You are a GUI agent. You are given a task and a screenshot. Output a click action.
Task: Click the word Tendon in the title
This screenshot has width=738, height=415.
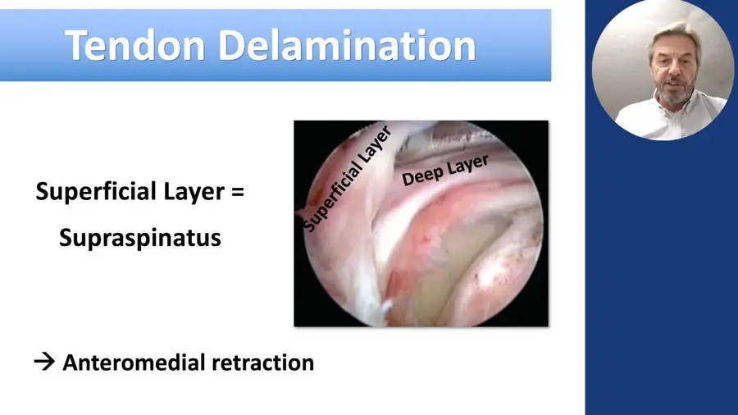point(135,46)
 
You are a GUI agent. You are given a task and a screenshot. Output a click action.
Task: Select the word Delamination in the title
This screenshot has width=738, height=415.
point(348,46)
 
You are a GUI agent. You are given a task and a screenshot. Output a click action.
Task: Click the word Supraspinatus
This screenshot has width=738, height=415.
point(139,239)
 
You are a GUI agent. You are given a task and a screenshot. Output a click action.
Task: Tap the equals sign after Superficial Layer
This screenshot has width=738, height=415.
point(238,192)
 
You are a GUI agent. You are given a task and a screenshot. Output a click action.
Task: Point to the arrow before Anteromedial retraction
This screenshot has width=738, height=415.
point(45,362)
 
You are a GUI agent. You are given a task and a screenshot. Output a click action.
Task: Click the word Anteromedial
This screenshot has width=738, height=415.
point(134,363)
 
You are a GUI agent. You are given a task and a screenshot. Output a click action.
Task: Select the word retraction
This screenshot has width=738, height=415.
point(263,363)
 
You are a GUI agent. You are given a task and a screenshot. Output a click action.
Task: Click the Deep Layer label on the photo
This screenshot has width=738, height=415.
point(444,170)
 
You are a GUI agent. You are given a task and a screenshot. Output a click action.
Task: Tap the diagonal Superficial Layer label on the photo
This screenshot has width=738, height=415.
point(348,179)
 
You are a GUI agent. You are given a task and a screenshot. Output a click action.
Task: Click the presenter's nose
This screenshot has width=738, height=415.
point(675,73)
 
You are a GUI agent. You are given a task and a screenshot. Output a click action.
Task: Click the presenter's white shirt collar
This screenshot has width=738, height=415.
point(678,107)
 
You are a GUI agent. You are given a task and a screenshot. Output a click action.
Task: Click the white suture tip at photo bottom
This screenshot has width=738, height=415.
point(386,308)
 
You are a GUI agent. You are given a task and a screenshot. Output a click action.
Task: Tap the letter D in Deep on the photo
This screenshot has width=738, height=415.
point(407,179)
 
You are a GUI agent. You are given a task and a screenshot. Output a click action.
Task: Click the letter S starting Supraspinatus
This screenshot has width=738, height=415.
point(66,237)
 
